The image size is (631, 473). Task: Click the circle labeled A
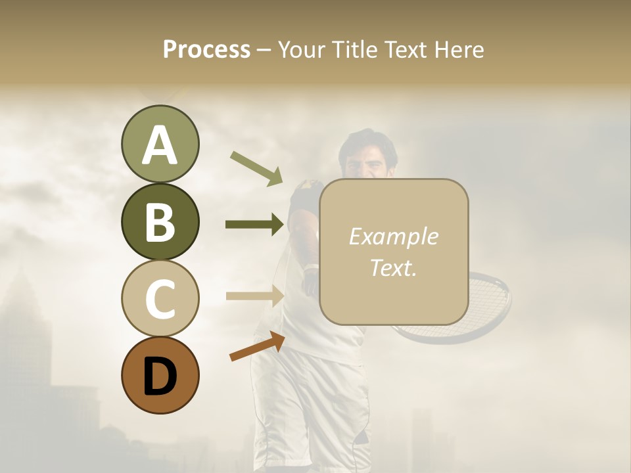(160, 145)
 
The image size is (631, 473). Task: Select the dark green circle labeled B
(160, 221)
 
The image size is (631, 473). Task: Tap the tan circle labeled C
(160, 298)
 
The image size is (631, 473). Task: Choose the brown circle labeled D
(160, 375)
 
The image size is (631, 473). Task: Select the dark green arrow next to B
(254, 225)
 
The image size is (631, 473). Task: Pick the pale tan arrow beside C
(254, 296)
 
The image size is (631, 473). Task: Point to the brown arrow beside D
(257, 346)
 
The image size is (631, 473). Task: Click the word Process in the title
(206, 49)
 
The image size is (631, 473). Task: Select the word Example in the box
(393, 236)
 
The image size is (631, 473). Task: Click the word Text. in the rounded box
(393, 267)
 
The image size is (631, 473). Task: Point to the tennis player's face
(368, 161)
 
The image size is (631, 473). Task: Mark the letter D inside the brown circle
(160, 376)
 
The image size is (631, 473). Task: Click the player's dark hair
(368, 139)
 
